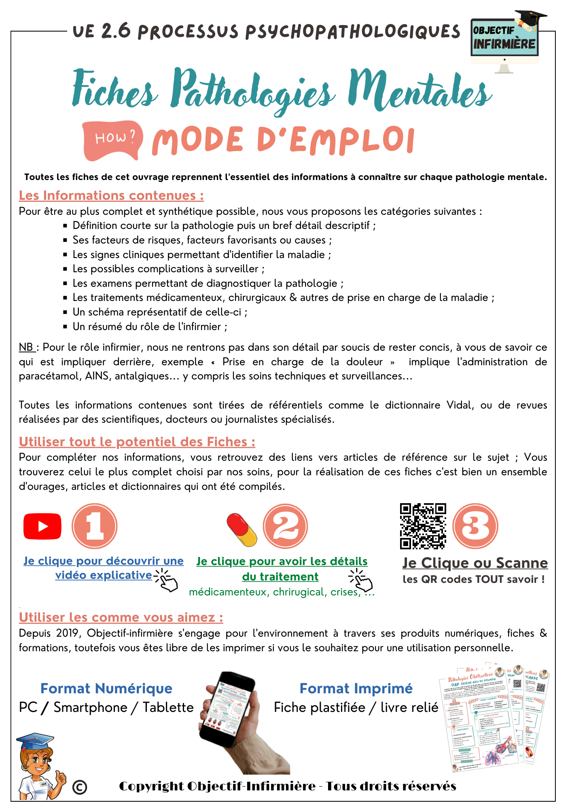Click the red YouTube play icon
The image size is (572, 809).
42,526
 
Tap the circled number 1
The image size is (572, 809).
95,526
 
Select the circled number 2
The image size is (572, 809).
286,526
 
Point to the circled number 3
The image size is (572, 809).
475,526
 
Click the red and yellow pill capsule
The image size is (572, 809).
242,529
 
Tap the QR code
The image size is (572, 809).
423,526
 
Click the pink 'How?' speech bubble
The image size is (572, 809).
113,140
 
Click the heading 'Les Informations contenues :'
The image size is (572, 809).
111,196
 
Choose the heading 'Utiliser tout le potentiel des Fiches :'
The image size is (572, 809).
137,442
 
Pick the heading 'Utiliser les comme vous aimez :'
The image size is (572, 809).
121,617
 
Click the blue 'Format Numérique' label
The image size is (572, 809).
106,688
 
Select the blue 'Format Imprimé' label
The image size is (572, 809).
356,688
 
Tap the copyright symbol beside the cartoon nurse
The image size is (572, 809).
80,787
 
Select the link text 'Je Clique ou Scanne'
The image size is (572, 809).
475,563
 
